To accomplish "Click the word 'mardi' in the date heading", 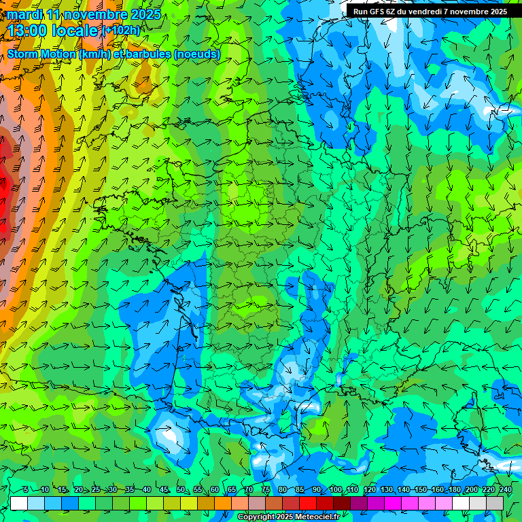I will (24, 14).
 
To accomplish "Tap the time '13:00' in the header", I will (26, 31).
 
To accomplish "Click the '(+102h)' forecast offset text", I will (121, 31).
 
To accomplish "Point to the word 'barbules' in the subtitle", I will (150, 54).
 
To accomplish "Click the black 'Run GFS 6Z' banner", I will (430, 11).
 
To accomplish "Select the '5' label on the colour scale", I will (27, 489).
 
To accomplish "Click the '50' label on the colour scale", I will (180, 489).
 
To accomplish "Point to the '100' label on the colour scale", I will (336, 489).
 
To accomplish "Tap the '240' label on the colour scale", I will (505, 489).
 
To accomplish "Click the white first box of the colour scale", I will (19, 503).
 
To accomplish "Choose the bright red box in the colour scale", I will (308, 503).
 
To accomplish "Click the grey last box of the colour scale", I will (495, 503).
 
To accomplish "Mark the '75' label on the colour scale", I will (266, 489).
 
